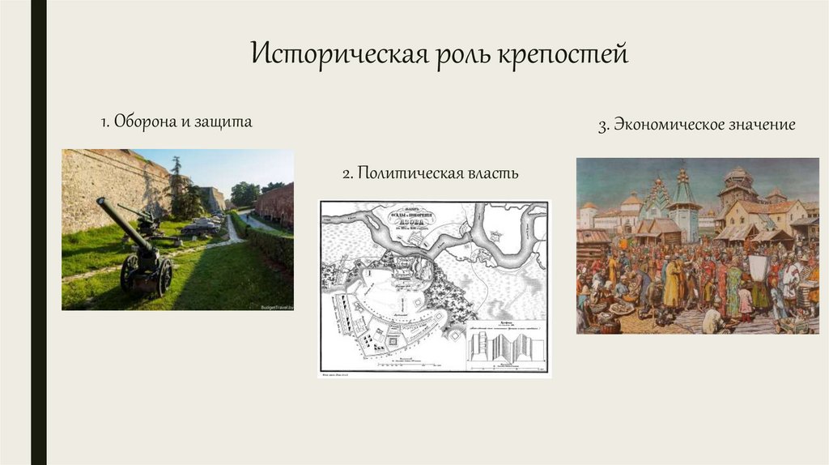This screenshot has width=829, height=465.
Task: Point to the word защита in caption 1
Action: click(226, 122)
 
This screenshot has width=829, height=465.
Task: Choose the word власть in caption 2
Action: click(491, 173)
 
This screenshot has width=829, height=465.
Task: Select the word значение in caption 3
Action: click(762, 126)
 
